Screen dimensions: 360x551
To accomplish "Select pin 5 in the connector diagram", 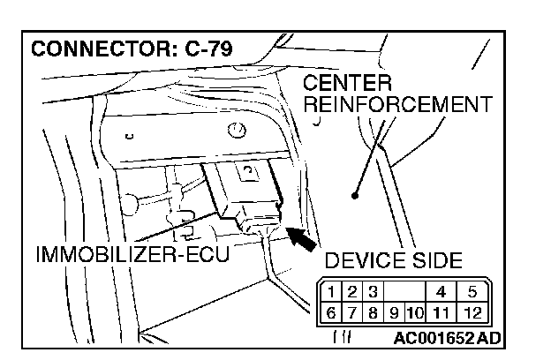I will pyautogui.click(x=472, y=289).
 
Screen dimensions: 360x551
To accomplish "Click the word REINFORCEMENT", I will pyautogui.click(x=394, y=104).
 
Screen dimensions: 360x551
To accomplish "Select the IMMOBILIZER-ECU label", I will pyautogui.click(x=132, y=255).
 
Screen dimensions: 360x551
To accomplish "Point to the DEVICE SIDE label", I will pyautogui.click(x=393, y=260).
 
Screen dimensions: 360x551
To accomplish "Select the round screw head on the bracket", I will pyautogui.click(x=236, y=131).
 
